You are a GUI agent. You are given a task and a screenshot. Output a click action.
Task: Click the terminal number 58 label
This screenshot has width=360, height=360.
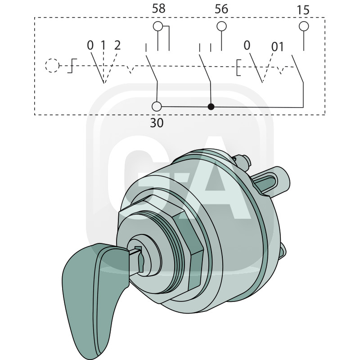[159, 9]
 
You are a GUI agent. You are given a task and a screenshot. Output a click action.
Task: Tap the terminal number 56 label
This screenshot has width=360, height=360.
[221, 9]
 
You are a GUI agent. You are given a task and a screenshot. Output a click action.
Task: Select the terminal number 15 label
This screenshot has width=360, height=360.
[303, 10]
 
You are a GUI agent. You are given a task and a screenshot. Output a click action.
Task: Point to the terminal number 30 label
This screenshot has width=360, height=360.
[157, 123]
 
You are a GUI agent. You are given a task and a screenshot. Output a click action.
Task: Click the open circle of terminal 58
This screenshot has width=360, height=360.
[158, 26]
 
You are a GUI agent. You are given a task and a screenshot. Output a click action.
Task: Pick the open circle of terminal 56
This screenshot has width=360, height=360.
[221, 26]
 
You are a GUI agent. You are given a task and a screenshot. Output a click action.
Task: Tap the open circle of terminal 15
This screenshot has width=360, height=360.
[304, 26]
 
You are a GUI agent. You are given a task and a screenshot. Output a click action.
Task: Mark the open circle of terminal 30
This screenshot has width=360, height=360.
[157, 107]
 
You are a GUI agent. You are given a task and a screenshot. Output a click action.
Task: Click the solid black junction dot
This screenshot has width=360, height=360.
[211, 107]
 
